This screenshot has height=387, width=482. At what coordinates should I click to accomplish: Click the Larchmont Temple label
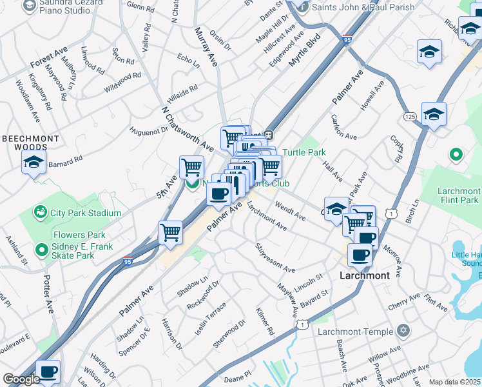point(355,332)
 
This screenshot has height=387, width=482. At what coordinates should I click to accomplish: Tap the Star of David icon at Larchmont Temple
point(403,332)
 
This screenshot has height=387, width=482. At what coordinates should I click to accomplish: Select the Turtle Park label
point(304,152)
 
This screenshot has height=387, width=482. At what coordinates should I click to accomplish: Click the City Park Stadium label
point(86,213)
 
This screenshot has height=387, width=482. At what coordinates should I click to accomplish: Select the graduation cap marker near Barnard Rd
point(34,163)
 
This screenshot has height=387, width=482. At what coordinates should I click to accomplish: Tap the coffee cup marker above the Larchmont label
point(360,254)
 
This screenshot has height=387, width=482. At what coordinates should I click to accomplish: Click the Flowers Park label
point(79,235)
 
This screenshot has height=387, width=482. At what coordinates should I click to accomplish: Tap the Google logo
point(21,379)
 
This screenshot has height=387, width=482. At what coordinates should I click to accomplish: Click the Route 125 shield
point(410,116)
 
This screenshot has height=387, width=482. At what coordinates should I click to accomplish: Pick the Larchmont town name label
point(365,275)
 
